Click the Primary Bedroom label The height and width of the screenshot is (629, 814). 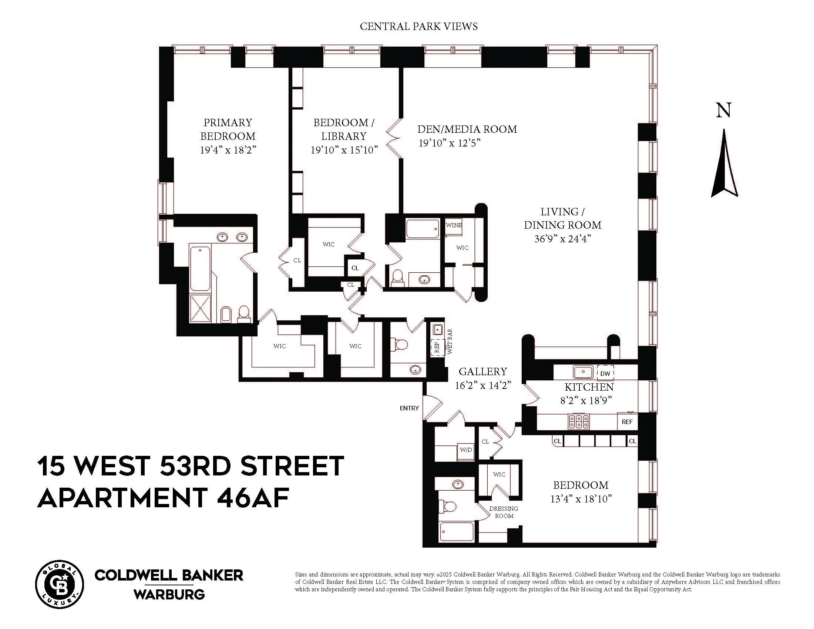tap(228, 129)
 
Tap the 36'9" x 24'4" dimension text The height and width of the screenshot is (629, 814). tap(563, 239)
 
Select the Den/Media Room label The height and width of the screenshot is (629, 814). tap(467, 129)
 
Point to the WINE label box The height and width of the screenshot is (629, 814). tap(454, 225)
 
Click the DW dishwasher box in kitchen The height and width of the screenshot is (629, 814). tap(605, 373)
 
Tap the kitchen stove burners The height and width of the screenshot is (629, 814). tap(578, 421)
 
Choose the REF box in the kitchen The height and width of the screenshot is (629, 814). tap(627, 422)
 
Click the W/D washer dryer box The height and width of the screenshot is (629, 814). tap(465, 450)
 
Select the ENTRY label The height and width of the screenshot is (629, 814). tap(409, 408)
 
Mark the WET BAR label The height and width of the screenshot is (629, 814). tap(450, 342)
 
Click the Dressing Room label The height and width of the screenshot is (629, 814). tap(504, 512)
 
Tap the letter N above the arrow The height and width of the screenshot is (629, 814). tap(723, 111)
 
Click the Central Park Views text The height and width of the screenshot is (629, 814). tap(418, 27)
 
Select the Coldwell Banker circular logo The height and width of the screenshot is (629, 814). tap(59, 584)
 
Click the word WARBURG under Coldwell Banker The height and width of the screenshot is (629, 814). tap(169, 594)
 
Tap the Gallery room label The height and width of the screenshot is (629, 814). tap(482, 371)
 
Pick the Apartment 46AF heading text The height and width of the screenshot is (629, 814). tap(163, 498)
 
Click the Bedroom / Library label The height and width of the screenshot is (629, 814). tap(344, 129)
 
